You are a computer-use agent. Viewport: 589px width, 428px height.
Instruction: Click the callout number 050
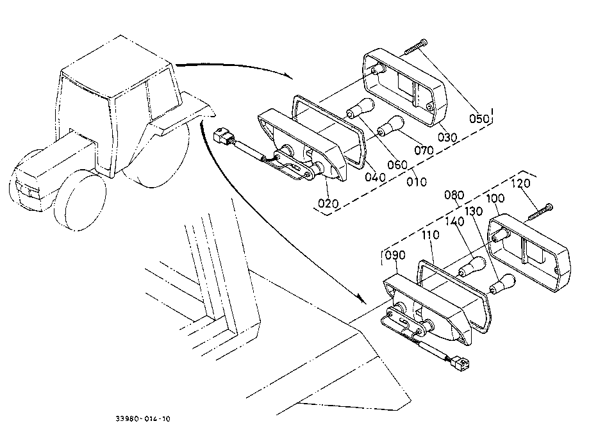coord(479,119)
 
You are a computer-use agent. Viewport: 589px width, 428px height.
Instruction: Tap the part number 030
coord(447,137)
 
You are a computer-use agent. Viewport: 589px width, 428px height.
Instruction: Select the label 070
coord(424,151)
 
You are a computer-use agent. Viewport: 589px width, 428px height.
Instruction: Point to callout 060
coord(398,165)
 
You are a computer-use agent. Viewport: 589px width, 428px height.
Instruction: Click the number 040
coord(376,177)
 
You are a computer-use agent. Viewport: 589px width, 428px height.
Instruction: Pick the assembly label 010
coord(417,182)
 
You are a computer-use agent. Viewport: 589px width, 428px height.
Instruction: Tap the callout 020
coord(328,204)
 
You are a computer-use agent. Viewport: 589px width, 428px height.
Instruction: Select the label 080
coord(454,195)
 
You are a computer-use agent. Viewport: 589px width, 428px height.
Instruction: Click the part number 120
coord(520,184)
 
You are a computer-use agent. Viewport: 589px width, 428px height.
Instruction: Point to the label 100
coord(495,198)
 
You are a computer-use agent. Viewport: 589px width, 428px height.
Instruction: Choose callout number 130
coord(474,211)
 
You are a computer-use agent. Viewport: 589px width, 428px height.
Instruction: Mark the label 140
coord(454,222)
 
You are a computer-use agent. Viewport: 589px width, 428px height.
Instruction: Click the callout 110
coord(431,235)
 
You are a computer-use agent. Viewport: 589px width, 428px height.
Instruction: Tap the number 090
coord(395,255)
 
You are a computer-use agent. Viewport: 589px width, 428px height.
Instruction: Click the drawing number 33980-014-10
coord(143,418)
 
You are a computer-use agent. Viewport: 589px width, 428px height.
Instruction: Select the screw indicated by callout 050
coord(415,47)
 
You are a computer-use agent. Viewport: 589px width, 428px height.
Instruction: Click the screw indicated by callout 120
coord(540,211)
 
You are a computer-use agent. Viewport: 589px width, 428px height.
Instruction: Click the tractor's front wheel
coord(80,200)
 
